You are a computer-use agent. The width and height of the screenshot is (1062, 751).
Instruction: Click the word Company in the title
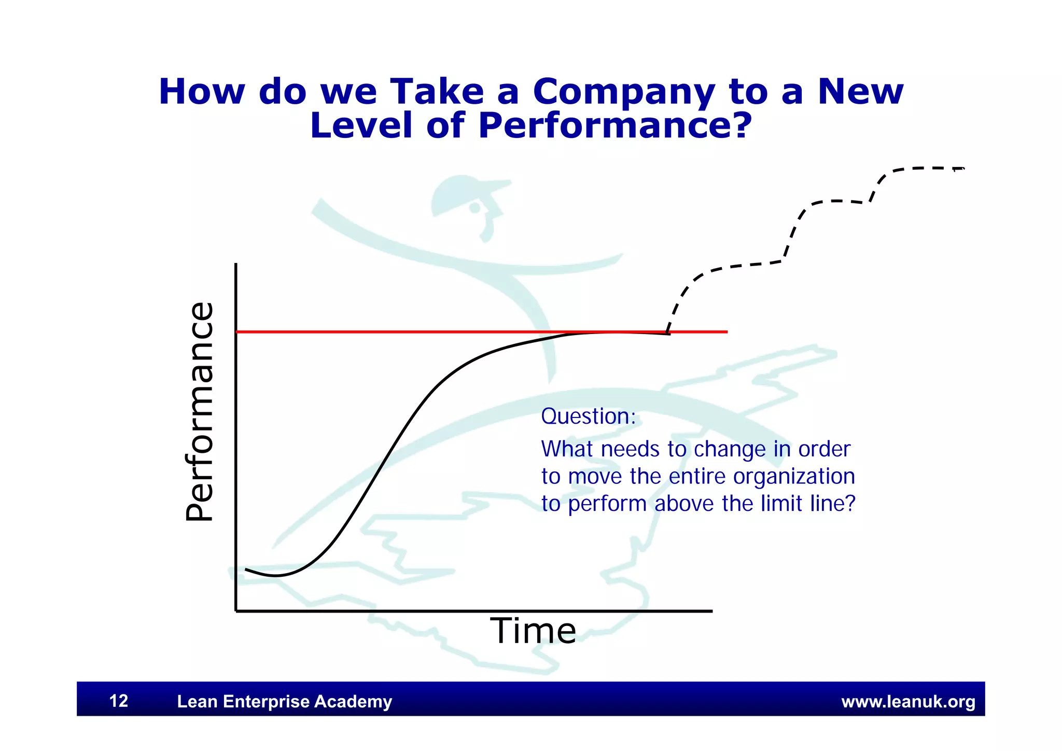click(x=624, y=92)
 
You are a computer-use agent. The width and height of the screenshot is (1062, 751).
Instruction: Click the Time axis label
click(x=533, y=631)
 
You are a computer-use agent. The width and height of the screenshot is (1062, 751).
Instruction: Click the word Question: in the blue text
click(x=588, y=416)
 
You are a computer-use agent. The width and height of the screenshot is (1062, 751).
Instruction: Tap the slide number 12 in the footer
click(x=119, y=701)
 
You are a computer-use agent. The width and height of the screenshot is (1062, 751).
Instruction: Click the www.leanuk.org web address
click(x=908, y=702)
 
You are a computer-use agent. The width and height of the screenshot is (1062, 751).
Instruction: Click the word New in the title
click(x=860, y=92)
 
